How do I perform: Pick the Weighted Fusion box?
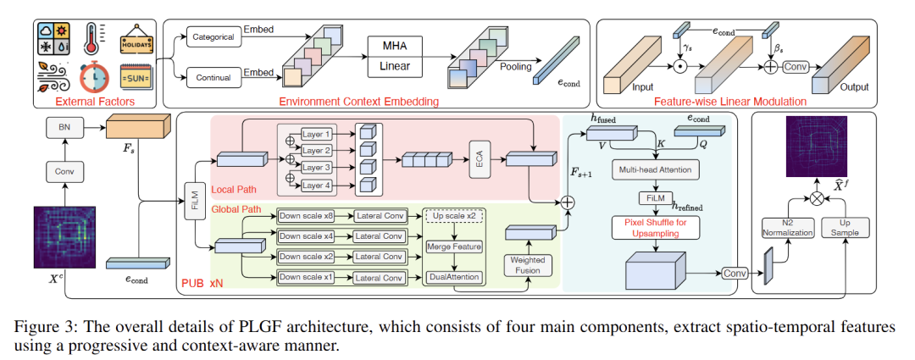[526, 263]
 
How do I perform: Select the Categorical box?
[213, 38]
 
